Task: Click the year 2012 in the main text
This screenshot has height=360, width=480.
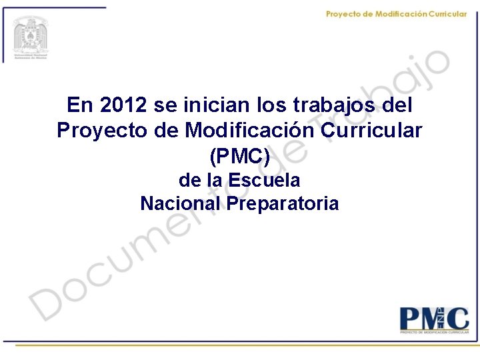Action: [124, 105]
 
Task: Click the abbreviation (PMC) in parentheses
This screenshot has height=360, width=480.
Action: [240, 156]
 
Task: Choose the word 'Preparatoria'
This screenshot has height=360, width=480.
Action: [283, 203]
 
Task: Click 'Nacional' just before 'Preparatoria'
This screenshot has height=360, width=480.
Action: [181, 203]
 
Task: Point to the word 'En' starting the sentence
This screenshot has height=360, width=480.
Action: [80, 105]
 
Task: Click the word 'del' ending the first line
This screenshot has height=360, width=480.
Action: [397, 105]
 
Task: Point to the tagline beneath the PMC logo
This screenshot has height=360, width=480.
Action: [434, 331]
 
